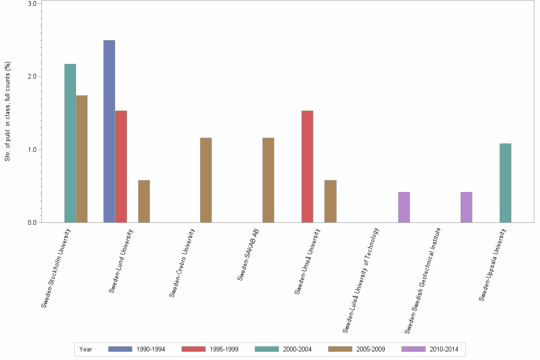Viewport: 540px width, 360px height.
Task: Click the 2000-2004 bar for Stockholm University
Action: click(x=70, y=143)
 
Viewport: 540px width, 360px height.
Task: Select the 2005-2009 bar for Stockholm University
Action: click(x=81, y=159)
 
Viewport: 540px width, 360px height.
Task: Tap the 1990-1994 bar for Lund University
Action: click(x=109, y=131)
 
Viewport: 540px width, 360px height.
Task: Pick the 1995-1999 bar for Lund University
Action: click(x=120, y=166)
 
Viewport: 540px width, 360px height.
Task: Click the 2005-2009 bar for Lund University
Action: click(x=144, y=201)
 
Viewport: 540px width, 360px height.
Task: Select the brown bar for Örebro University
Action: click(x=206, y=180)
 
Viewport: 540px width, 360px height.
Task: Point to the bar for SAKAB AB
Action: click(x=268, y=180)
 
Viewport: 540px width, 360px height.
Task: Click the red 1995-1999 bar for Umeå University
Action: click(x=307, y=166)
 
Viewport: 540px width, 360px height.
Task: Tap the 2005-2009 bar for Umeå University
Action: click(x=330, y=201)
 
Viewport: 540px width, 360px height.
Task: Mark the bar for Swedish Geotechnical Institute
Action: click(x=466, y=207)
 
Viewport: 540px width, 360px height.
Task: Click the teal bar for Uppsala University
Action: click(x=505, y=183)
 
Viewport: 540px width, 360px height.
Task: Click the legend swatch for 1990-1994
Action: click(x=120, y=349)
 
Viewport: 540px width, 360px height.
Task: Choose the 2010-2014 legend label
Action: click(x=443, y=350)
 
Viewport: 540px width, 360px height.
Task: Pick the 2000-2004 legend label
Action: click(x=297, y=350)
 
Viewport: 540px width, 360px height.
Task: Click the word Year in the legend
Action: click(x=86, y=350)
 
